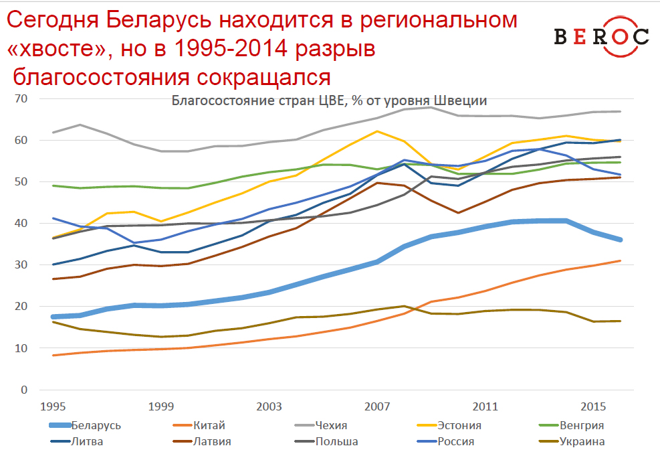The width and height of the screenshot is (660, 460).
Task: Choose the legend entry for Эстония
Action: coord(459,425)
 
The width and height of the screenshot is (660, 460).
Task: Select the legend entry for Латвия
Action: coord(211,441)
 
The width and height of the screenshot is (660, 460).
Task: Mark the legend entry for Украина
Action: coord(582,441)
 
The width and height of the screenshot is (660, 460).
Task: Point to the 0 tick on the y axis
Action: coord(25,390)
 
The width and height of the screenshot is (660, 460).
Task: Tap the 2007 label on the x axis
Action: coord(378,406)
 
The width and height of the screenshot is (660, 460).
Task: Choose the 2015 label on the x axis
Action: coord(594,406)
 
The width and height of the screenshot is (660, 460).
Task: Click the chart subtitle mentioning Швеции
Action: coord(329,101)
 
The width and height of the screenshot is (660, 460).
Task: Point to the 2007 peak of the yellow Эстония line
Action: coord(378,131)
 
